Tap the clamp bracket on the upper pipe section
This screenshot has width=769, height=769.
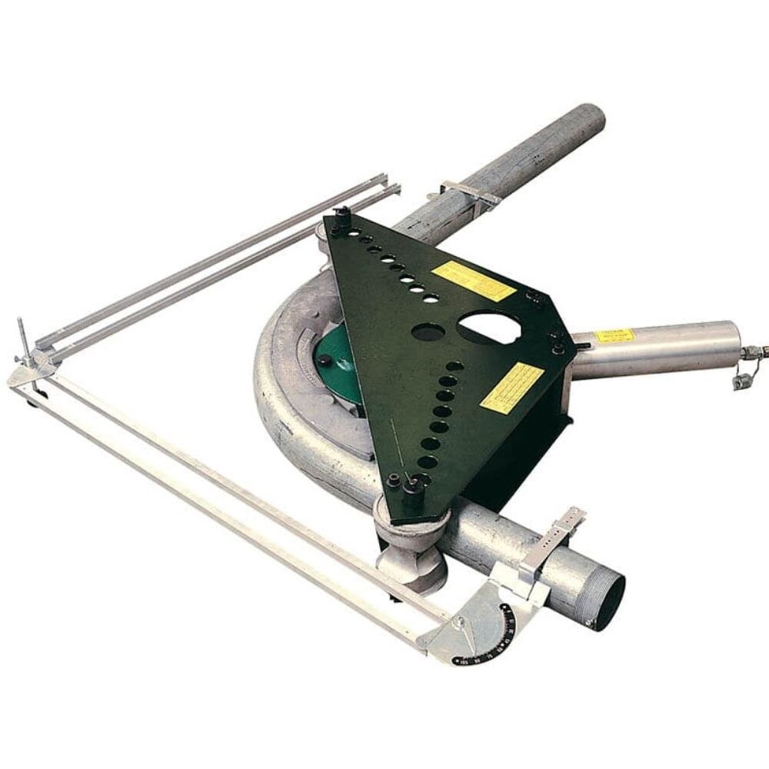click(470, 192)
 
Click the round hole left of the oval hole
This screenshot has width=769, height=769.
click(424, 332)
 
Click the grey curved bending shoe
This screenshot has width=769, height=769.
click(292, 400)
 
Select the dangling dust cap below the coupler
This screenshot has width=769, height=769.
click(741, 381)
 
